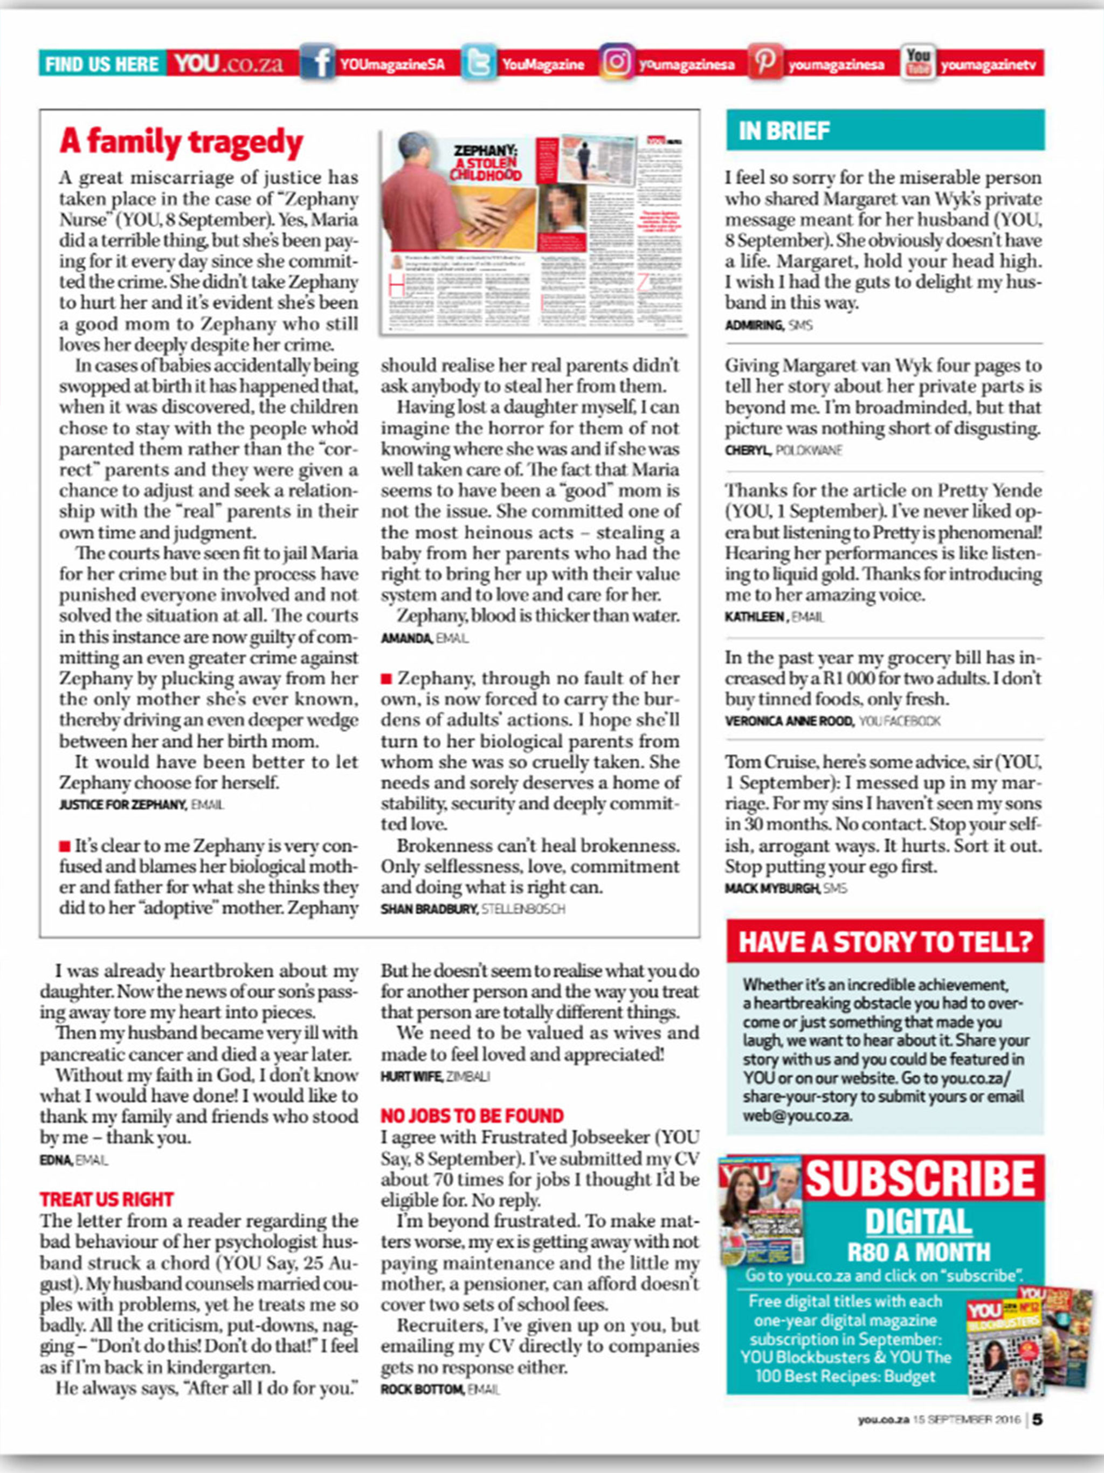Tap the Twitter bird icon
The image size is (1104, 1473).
[x=478, y=63]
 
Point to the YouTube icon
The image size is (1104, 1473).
[x=918, y=63]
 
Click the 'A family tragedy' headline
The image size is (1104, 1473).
[x=181, y=142]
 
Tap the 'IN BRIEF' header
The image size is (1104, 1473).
[x=784, y=130]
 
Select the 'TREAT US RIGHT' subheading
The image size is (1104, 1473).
[x=107, y=1199]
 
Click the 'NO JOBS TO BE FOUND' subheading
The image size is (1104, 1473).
[x=472, y=1116]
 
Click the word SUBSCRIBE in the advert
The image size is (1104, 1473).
[x=921, y=1179]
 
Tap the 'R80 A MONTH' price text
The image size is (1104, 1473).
[x=919, y=1252]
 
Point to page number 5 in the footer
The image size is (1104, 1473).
[x=1037, y=1419]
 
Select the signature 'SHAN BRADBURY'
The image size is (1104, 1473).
[x=429, y=908]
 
